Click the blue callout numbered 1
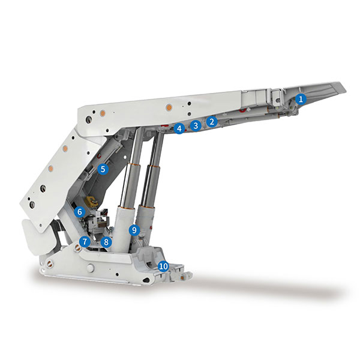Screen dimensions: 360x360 (301, 99)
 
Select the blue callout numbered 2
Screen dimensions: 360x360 (212, 121)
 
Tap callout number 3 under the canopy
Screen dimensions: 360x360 (196, 125)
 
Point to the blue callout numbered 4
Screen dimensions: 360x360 (179, 128)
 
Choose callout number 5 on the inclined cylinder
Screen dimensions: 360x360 (103, 169)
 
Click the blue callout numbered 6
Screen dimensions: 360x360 (80, 212)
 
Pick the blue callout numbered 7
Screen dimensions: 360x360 (85, 242)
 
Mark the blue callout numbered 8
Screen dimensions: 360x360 (106, 242)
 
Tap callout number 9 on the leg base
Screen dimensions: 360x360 (134, 230)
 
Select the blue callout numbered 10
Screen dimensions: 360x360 (163, 266)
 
